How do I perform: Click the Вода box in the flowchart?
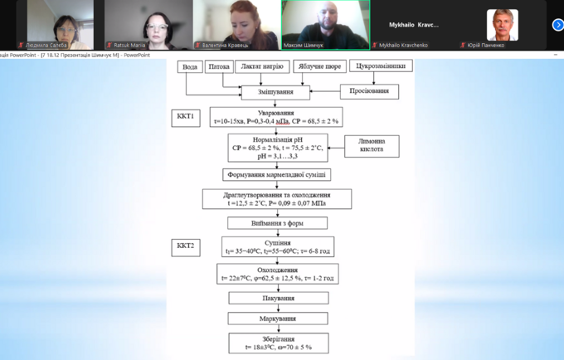pos(190,66)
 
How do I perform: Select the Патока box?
pos(219,66)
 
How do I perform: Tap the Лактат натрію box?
pos(261,66)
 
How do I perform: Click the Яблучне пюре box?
pos(318,66)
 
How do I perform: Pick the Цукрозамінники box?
pos(381,66)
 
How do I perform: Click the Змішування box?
pos(275,91)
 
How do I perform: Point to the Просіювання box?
pos(369,91)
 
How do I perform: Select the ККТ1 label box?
pos(185,116)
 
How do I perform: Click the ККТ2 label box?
pos(185,246)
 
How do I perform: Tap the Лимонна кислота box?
pos(372,145)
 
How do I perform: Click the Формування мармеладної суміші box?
pos(277,175)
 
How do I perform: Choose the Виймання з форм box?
pos(277,223)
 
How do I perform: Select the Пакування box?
pos(278,298)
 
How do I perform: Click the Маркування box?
pos(278,319)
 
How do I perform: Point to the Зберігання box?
pos(278,342)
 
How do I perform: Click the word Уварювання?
pos(275,112)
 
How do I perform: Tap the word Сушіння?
pos(277,243)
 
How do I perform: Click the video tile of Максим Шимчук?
pos(325,25)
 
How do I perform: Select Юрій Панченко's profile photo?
pos(502,24)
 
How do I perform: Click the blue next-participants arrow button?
pos(557,25)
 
